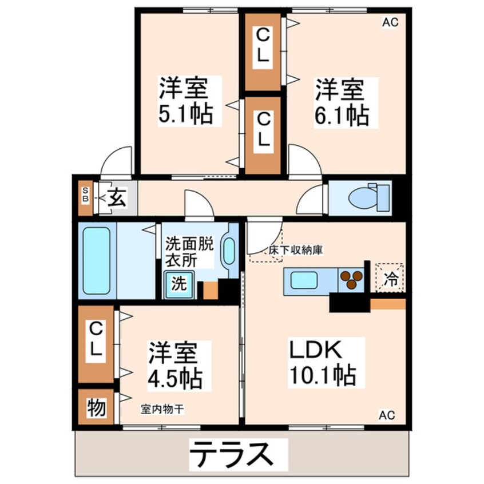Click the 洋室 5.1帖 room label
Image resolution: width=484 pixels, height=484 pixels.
(186, 101)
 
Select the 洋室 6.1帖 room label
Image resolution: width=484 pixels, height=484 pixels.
(342, 101)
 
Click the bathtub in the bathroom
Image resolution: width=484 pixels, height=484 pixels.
(96, 260)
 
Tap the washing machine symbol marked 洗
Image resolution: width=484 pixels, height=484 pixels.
(179, 285)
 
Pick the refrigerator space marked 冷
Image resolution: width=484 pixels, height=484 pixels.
(390, 278)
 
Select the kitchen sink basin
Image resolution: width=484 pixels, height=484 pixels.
(304, 280)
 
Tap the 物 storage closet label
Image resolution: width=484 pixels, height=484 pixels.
(96, 408)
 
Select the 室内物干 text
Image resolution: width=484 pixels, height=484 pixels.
(162, 410)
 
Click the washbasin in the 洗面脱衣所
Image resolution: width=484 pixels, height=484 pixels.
(229, 251)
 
